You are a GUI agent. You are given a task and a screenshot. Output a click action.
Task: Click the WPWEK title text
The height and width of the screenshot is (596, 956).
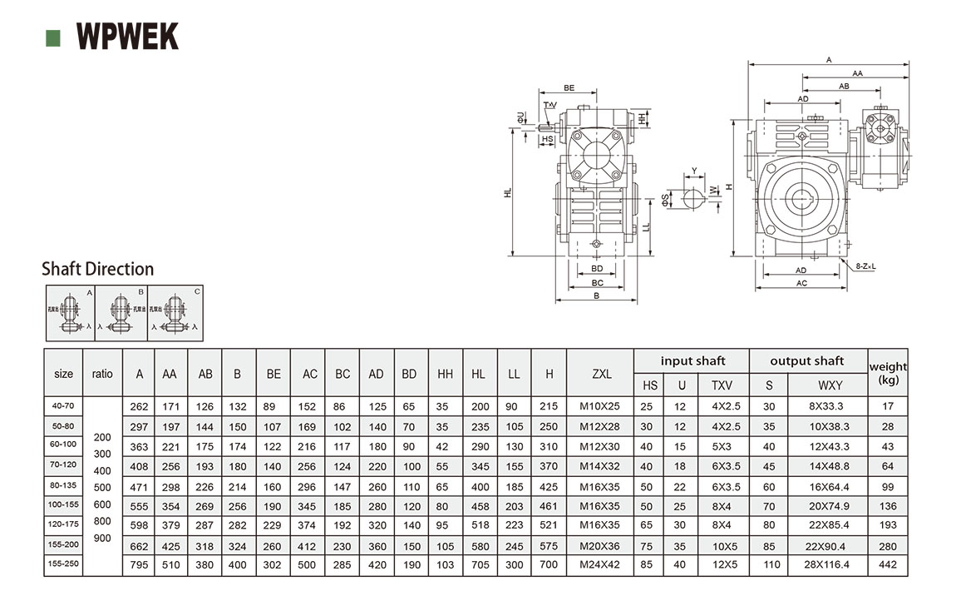point(127,37)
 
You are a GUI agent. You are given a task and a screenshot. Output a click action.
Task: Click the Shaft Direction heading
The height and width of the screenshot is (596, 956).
point(97,269)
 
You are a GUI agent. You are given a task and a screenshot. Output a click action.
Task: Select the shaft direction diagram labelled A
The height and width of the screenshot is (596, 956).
point(70,313)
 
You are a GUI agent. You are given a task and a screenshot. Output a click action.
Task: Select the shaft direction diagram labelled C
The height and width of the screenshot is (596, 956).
point(175,313)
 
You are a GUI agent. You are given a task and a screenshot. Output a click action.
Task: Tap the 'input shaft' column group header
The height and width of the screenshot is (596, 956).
point(692,361)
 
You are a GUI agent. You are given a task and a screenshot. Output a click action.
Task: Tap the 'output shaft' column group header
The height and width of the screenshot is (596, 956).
point(806,361)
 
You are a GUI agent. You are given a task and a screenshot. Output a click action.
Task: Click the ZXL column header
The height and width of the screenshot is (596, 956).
point(601,374)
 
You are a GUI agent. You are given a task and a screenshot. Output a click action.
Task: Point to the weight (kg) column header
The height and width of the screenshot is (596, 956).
point(888,373)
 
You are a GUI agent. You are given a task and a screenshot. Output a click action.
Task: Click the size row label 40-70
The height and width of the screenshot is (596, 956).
point(64,406)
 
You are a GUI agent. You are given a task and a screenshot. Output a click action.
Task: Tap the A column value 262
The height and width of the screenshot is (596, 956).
point(139,406)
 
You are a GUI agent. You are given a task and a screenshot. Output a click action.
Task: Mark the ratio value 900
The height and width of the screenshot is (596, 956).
point(102,538)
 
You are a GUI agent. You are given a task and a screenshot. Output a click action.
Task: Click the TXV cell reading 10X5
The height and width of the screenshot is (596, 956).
point(724,546)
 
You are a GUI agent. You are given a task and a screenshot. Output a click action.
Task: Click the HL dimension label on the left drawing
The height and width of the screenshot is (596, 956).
point(508,192)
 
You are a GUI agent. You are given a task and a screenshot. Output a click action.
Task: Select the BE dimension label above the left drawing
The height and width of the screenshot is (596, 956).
point(569,87)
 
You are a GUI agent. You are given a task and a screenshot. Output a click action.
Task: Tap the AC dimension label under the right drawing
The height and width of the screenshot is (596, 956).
point(801,284)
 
